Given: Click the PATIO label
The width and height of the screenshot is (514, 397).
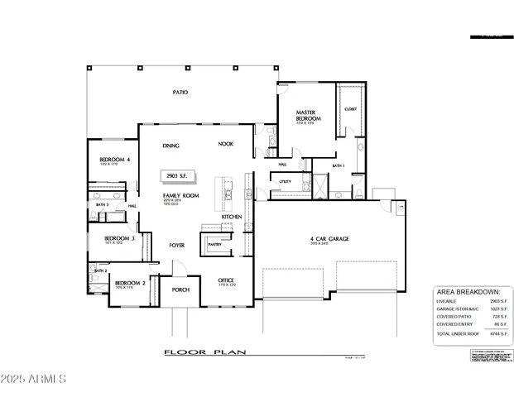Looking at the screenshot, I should coord(180,93).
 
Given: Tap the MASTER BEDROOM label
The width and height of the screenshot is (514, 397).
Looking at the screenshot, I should coord(308,115).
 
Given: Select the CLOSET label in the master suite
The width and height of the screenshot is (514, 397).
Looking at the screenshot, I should coord(350,109).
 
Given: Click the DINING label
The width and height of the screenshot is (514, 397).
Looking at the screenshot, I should coord(171,146).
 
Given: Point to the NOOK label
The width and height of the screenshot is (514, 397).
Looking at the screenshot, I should coord(226,144).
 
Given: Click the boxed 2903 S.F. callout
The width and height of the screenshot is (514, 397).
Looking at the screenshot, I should coord(178,176).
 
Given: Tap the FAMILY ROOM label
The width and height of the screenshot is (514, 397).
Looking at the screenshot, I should coord(177,195).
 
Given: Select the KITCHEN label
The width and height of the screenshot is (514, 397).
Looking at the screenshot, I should coord(232,217).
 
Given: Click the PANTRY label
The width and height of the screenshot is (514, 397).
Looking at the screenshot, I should coord(214,245).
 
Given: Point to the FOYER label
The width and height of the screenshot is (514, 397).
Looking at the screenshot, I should coord(177,246).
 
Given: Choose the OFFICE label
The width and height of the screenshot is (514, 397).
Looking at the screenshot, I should coord(226,280).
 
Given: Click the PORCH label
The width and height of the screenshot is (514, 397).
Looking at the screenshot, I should coord(180,290).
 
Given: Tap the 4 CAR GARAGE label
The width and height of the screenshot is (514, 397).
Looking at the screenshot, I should coord(329,239).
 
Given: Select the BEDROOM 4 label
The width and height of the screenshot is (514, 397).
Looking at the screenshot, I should coord(115,159).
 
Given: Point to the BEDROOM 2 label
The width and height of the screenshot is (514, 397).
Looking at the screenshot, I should coord(130,283).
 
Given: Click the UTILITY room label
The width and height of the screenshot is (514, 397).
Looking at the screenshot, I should coord(285,181).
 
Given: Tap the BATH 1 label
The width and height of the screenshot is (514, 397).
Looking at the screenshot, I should coord(339,166).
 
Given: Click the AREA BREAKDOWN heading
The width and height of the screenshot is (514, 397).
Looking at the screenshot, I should coord(467,292).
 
